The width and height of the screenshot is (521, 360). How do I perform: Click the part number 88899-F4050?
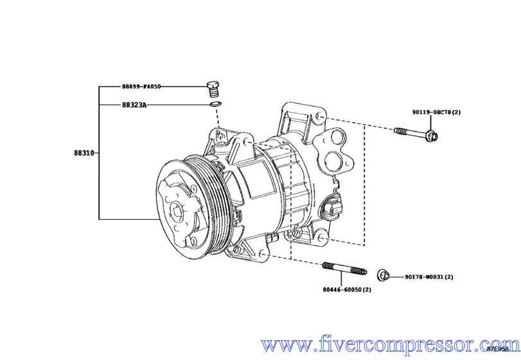[141, 85]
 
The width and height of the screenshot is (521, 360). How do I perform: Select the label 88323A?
[134, 104]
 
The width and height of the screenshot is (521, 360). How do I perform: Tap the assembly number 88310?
[84, 154]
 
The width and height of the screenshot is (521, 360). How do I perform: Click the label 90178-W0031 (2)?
[429, 277]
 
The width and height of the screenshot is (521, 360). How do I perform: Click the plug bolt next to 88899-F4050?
[214, 87]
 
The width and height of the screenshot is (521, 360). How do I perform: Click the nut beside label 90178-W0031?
[383, 274]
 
